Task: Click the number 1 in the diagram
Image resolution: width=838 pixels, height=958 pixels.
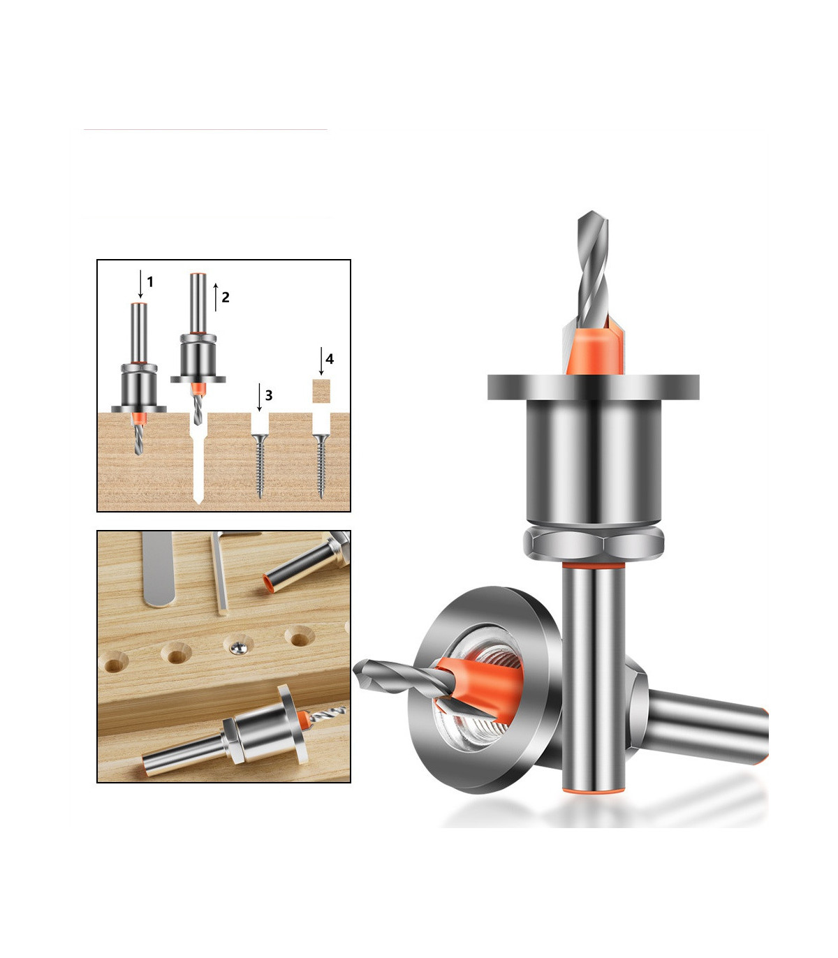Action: tap(150, 282)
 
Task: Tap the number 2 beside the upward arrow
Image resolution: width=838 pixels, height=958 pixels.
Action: tap(226, 297)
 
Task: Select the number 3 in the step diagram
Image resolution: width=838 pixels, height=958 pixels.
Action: tap(269, 396)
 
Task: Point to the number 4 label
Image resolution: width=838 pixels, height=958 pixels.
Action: tap(330, 359)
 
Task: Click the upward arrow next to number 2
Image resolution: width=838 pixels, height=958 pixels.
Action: tap(215, 297)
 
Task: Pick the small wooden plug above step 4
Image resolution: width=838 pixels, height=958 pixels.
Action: tap(321, 391)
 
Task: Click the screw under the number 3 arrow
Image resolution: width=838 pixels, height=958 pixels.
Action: tap(260, 466)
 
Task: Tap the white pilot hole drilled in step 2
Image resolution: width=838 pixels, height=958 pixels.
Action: tap(198, 462)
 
